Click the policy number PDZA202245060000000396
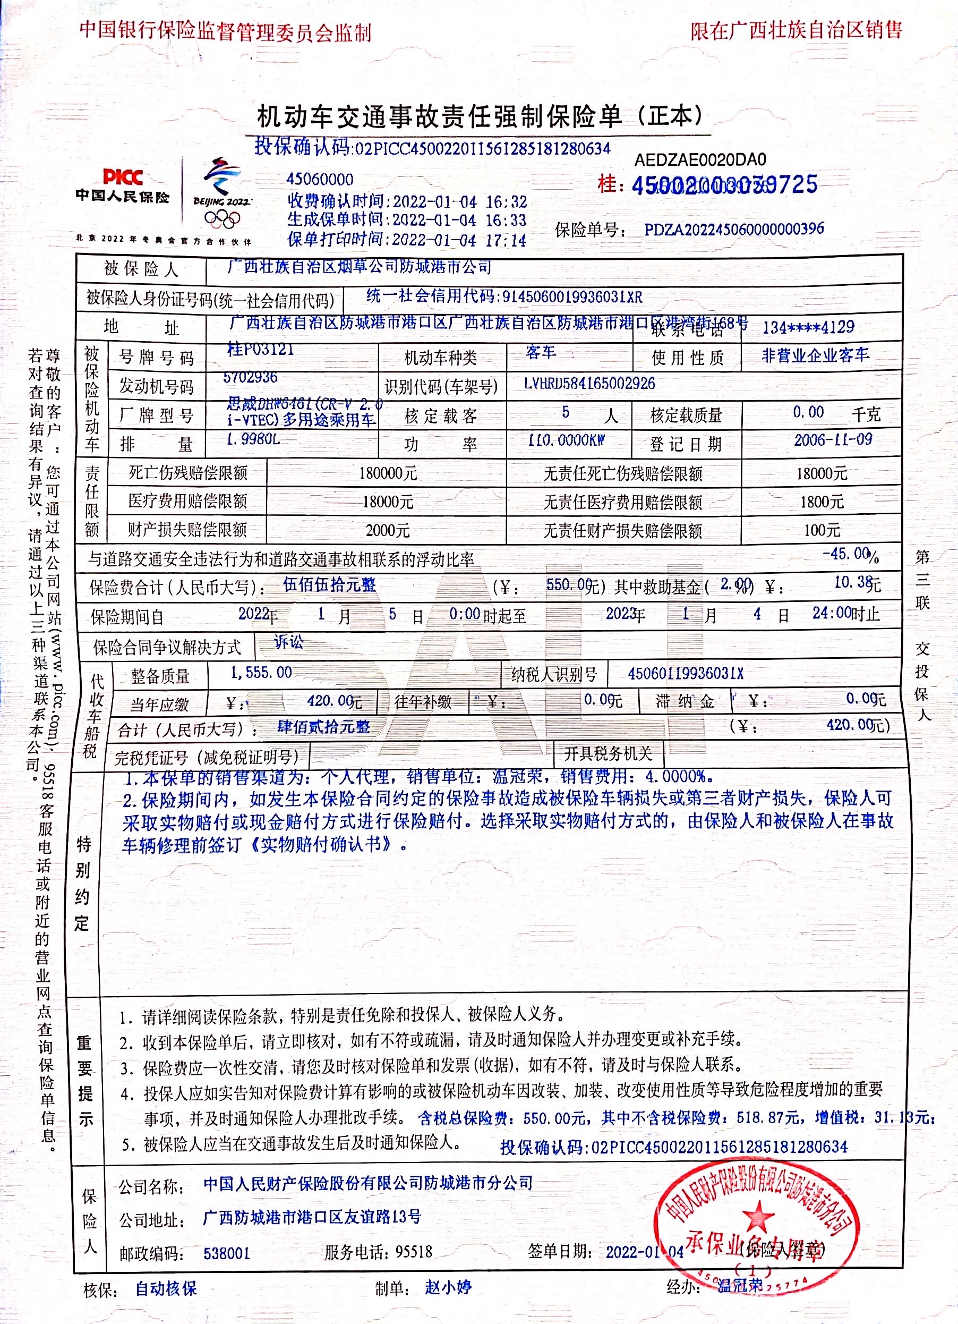pos(734,229)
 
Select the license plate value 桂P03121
pos(260,350)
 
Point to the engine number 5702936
pos(250,377)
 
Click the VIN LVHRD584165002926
pos(589,384)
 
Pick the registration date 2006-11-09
pos(833,440)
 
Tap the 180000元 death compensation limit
pos(388,473)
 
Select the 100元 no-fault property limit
pos(822,530)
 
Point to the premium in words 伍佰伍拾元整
pos(329,584)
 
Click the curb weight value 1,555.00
pos(261,673)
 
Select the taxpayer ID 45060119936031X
pos(686,674)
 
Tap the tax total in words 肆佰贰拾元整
pos(323,727)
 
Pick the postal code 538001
pos(226,1253)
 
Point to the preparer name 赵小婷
pos(448,1287)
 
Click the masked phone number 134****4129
pos(808,327)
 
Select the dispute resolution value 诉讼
pos(289,642)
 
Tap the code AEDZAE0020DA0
pos(700,159)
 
